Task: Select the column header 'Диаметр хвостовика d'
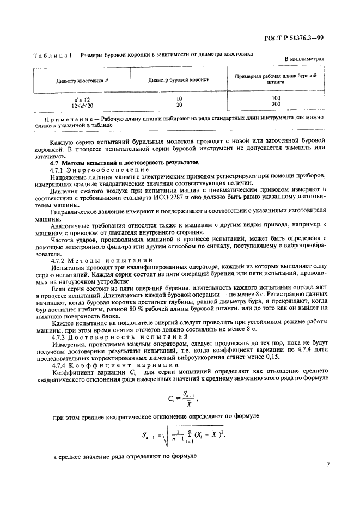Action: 82,80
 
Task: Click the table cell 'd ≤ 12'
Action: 82,99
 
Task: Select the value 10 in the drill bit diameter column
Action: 179,99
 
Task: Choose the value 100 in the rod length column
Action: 276,98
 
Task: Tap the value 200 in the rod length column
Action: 276,104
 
